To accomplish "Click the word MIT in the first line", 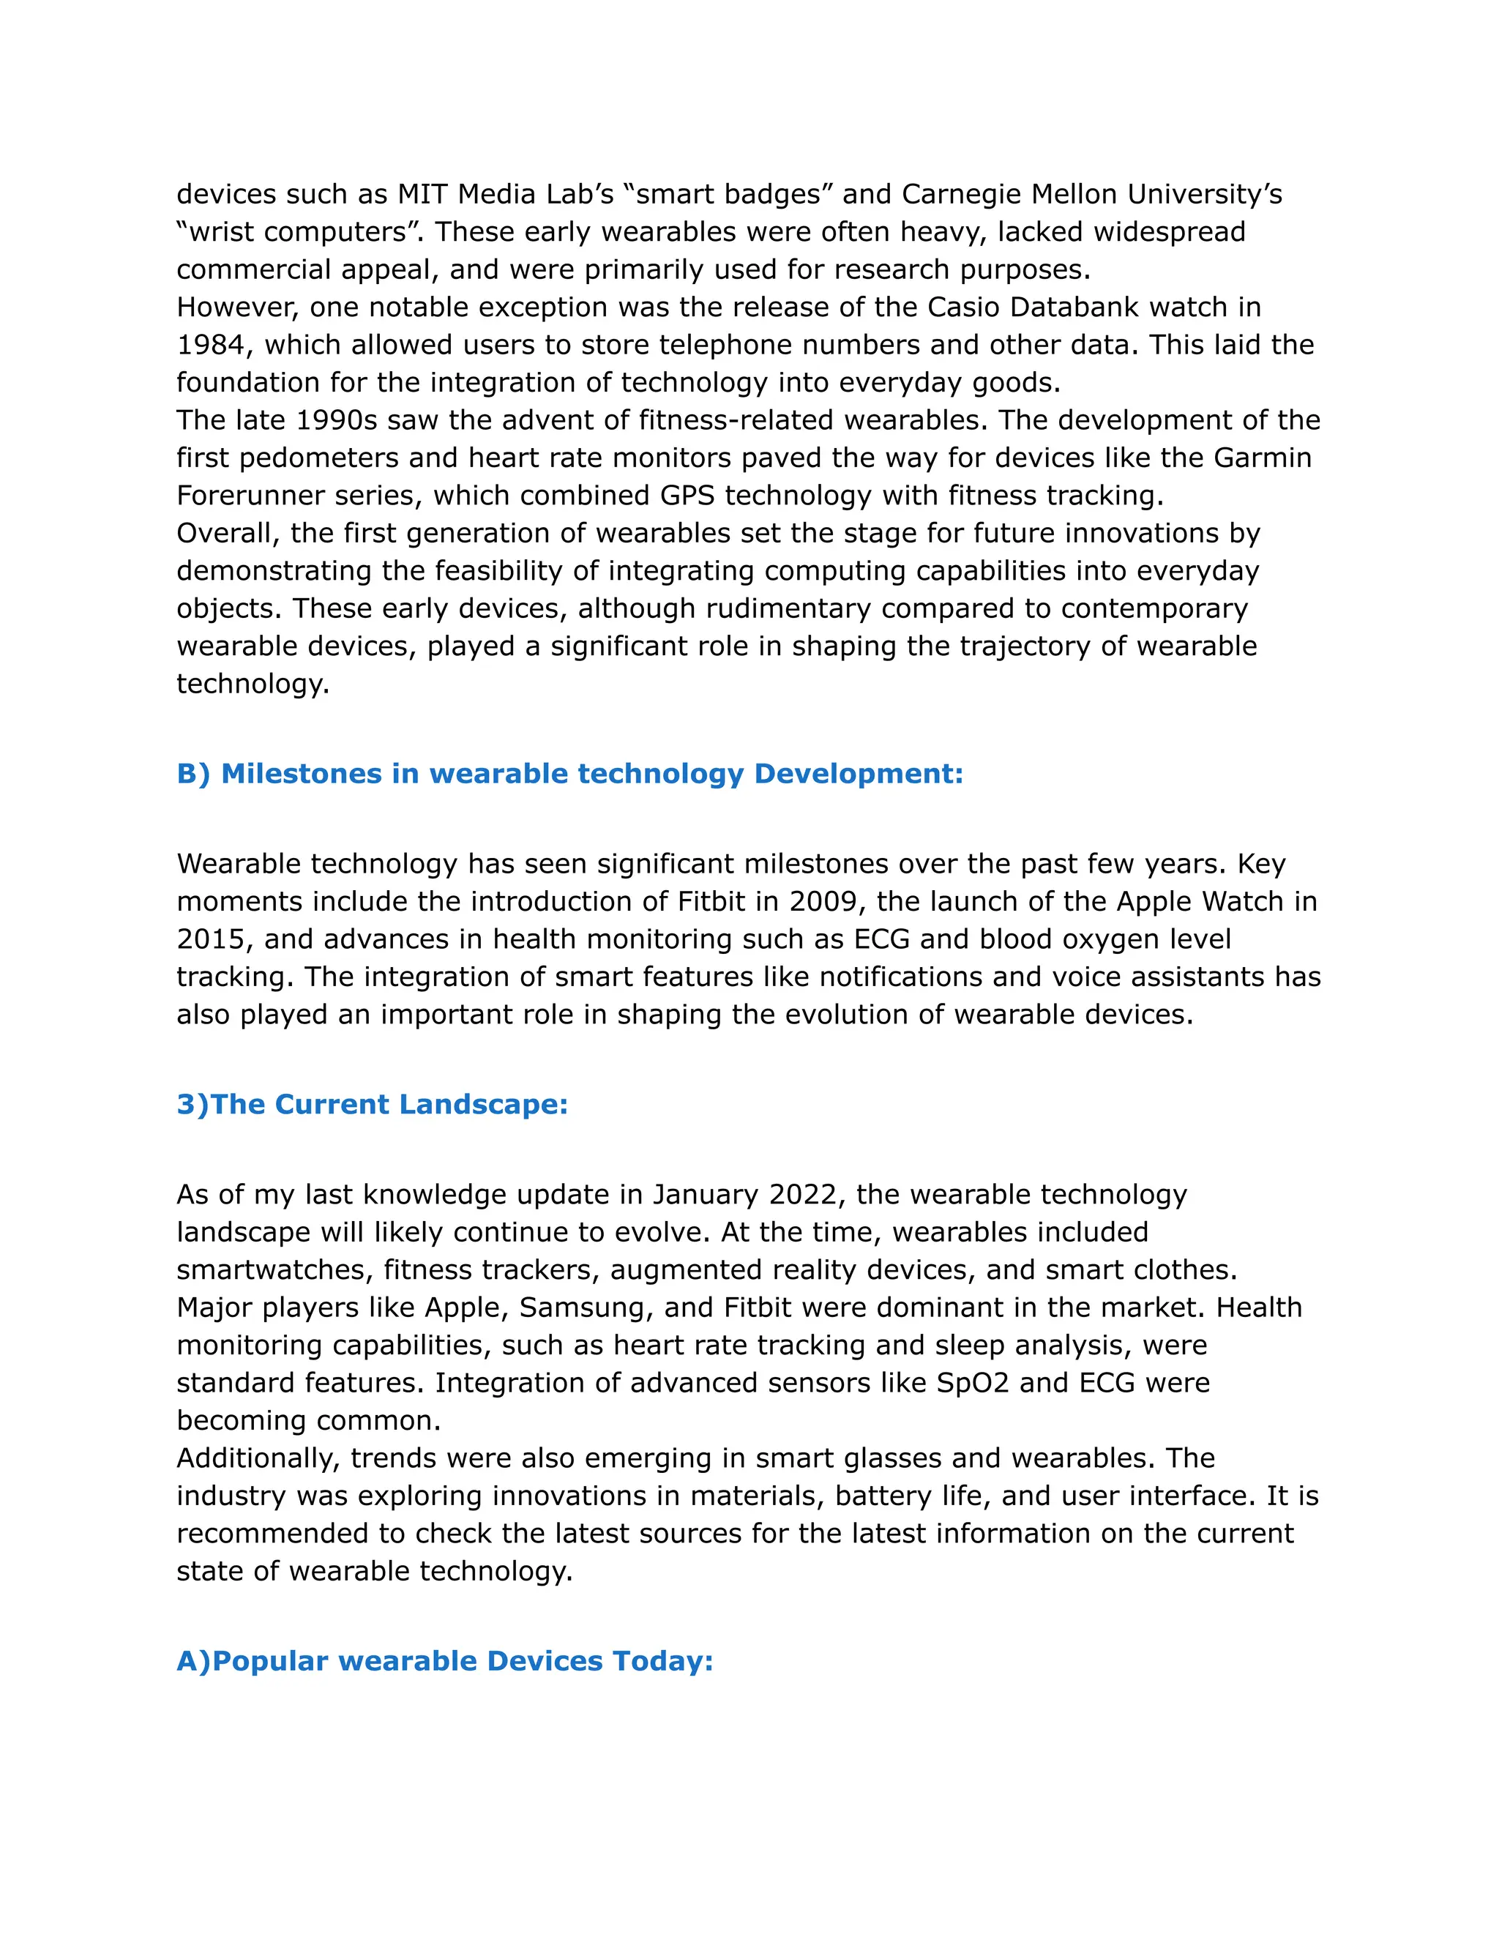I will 423,194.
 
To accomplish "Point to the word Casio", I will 963,307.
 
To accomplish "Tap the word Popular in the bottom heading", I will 271,1661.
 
